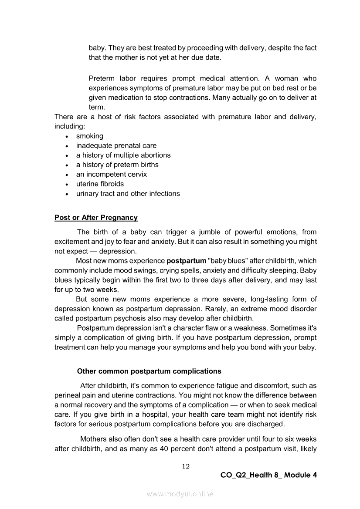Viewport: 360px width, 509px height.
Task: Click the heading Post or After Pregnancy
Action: tap(96, 217)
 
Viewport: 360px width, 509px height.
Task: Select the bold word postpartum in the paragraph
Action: tap(187, 261)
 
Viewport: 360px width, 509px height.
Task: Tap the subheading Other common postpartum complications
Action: tap(149, 371)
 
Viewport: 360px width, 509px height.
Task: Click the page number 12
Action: tap(186, 466)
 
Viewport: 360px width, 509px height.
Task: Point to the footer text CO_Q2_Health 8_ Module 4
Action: tap(268, 475)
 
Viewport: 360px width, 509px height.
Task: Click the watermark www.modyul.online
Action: tap(180, 494)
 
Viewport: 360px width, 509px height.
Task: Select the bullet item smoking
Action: tap(90, 136)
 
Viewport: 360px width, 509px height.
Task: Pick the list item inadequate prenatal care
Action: tap(116, 146)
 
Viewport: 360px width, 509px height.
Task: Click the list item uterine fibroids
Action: tap(100, 184)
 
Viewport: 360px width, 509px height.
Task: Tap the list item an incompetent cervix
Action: tap(112, 175)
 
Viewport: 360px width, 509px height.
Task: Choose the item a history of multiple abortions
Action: tap(123, 155)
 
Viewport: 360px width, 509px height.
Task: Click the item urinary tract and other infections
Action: tap(128, 194)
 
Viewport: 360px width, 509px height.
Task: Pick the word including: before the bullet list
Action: tap(69, 127)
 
